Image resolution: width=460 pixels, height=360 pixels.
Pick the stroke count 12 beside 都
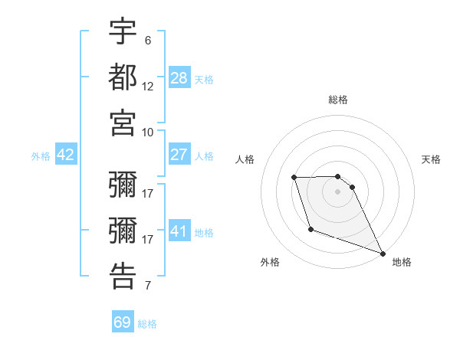148,86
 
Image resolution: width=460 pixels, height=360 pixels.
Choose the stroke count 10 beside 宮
148,132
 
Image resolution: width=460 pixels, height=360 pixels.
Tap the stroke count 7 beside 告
148,286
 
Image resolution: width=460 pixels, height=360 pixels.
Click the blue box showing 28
179,77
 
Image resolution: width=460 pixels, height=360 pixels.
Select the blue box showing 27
179,155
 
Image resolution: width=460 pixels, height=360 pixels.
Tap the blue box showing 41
179,231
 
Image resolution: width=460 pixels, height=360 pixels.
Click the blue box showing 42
66,155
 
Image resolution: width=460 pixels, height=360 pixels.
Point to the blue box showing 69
123,322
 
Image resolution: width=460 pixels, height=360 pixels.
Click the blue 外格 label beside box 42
41,155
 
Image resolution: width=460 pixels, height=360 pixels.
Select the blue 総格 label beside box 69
147,323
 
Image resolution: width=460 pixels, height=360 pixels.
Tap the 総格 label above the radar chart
337,100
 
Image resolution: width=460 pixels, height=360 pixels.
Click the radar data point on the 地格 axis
383,254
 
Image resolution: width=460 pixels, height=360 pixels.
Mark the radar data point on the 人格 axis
294,178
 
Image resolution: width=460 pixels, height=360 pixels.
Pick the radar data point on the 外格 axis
310,229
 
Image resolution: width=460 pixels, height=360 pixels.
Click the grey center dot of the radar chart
337,191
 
